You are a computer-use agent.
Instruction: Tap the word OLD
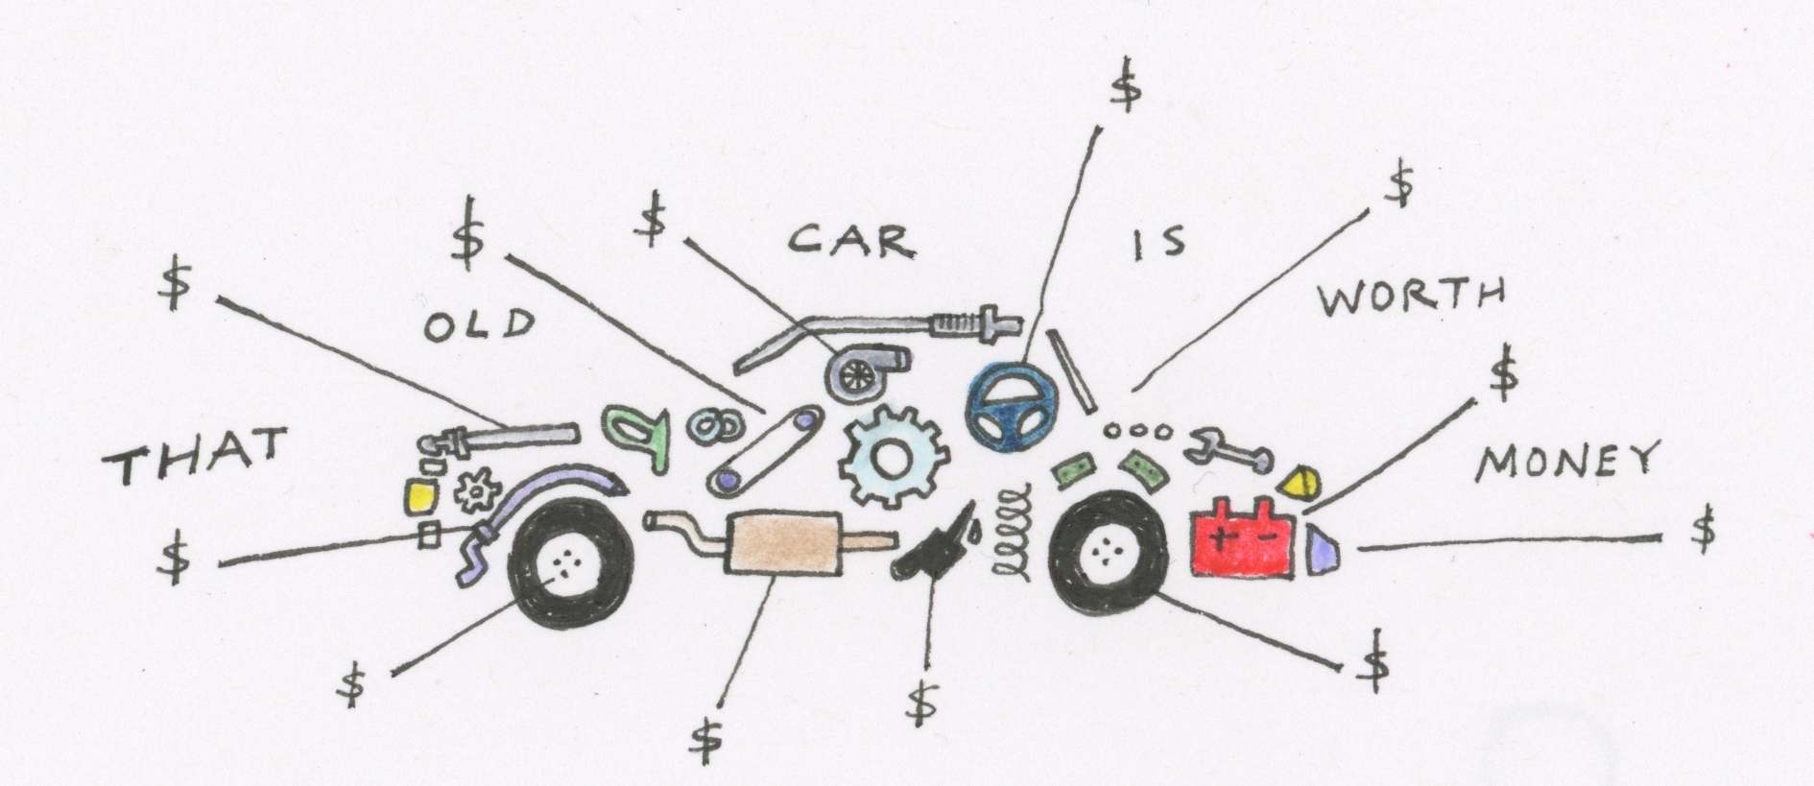click(478, 326)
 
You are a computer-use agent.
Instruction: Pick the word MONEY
click(1567, 463)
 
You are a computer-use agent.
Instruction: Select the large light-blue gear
click(893, 457)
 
